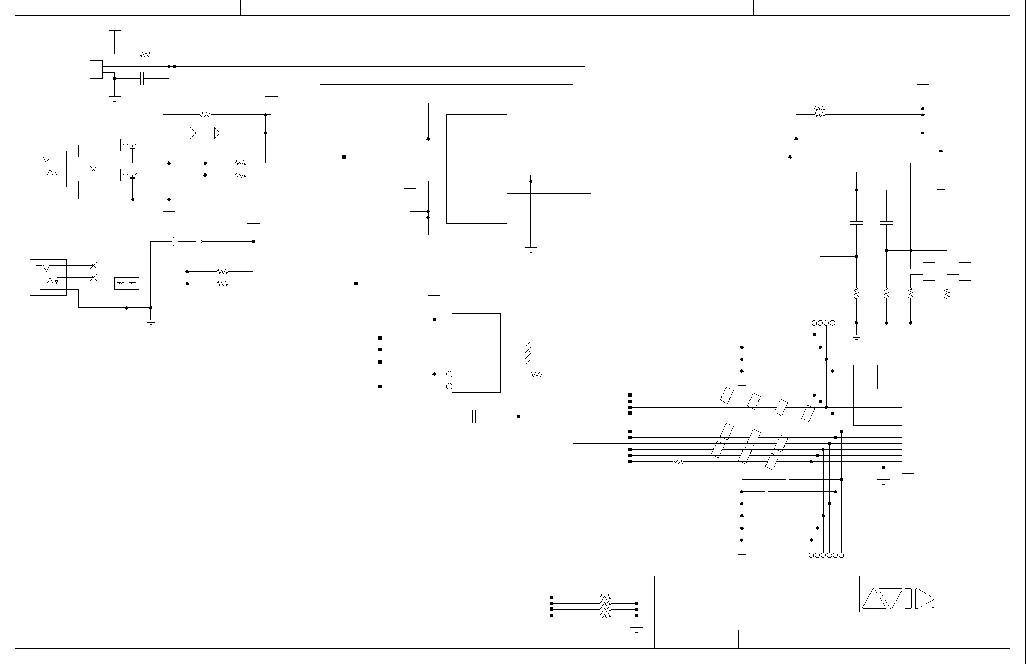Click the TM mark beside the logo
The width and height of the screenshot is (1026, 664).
[932, 607]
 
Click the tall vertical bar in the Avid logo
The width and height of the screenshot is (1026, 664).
[908, 599]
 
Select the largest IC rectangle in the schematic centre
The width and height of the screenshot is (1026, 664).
[476, 169]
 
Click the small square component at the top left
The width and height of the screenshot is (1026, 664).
[96, 70]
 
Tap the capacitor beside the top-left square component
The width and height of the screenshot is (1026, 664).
[142, 78]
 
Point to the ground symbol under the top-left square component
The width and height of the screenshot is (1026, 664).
[114, 99]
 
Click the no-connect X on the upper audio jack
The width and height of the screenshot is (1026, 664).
[93, 169]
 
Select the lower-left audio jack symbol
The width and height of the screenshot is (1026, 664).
[48, 277]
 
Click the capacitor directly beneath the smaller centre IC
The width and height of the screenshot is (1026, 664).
[474, 416]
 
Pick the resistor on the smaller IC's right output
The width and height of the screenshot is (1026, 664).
[536, 374]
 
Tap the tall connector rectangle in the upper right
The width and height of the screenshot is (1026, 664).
[965, 148]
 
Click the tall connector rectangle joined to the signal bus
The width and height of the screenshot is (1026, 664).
[907, 428]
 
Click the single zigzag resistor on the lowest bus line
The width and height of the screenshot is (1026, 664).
[678, 462]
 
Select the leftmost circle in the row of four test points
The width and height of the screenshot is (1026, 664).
[814, 323]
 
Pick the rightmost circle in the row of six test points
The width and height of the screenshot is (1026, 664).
[841, 555]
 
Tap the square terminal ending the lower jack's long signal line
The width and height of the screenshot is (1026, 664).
[356, 284]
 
